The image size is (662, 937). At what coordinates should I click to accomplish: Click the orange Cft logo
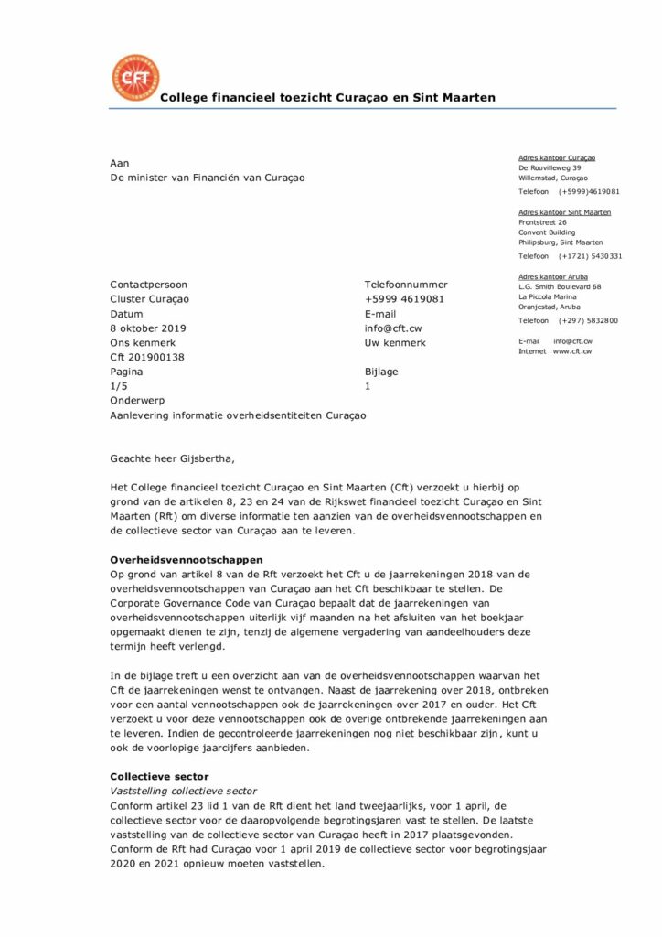click(134, 78)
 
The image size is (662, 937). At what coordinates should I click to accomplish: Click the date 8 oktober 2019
click(147, 328)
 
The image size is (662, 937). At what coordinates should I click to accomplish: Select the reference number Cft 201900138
click(147, 358)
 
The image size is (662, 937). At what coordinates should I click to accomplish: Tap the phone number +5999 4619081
click(404, 299)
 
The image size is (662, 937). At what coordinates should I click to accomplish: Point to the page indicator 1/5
click(120, 387)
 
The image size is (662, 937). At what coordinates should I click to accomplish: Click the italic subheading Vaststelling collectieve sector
click(183, 791)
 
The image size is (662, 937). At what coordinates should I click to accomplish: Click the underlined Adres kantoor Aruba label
click(552, 276)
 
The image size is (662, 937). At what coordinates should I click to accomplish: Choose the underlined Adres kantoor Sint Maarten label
click(564, 212)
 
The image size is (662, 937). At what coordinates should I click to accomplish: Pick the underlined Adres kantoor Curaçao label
click(557, 158)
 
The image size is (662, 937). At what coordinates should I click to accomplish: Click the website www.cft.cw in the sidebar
click(571, 351)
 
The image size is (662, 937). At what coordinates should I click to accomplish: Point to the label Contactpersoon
click(148, 285)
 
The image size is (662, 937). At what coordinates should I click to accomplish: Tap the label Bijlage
click(381, 372)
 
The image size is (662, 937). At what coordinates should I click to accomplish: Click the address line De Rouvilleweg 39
click(550, 168)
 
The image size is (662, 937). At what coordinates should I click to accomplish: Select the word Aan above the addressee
click(119, 163)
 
